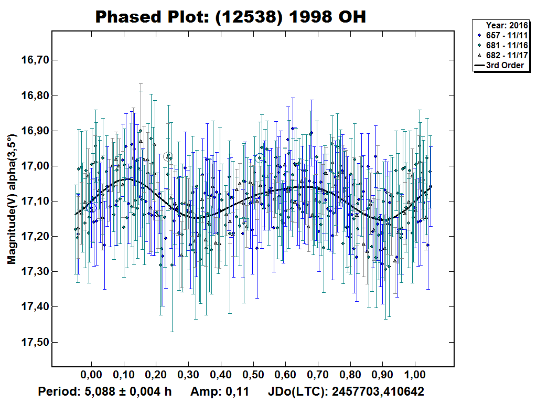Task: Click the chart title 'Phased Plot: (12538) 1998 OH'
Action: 230,17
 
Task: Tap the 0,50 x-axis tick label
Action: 253,376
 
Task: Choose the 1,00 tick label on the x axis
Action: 415,376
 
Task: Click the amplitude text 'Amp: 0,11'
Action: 219,391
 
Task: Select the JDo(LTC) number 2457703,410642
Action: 378,391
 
